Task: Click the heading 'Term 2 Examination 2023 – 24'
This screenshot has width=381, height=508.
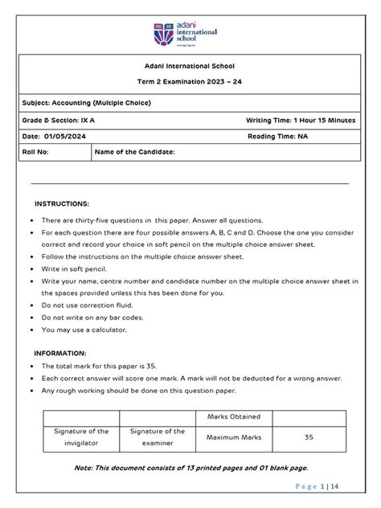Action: (x=190, y=84)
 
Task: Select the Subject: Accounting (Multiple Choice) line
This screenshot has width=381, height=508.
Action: (x=87, y=103)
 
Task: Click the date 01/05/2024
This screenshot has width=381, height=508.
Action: (x=58, y=137)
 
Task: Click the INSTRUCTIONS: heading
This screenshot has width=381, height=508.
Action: (x=62, y=204)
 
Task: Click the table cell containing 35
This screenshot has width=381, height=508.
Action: (x=309, y=438)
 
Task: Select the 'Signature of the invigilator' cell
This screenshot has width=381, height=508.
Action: (x=81, y=438)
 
